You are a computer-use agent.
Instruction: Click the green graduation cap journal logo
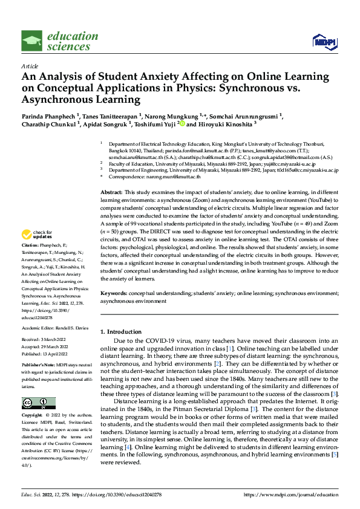pos(32,41)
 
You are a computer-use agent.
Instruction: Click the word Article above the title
pos(30,66)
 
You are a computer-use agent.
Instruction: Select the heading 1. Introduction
pos(120,332)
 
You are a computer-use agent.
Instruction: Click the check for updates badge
pos(38,235)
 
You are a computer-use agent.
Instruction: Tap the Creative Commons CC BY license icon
pos(38,403)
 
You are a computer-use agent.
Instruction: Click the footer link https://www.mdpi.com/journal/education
pos(290,495)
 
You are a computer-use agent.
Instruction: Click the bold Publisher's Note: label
pos(39,366)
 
